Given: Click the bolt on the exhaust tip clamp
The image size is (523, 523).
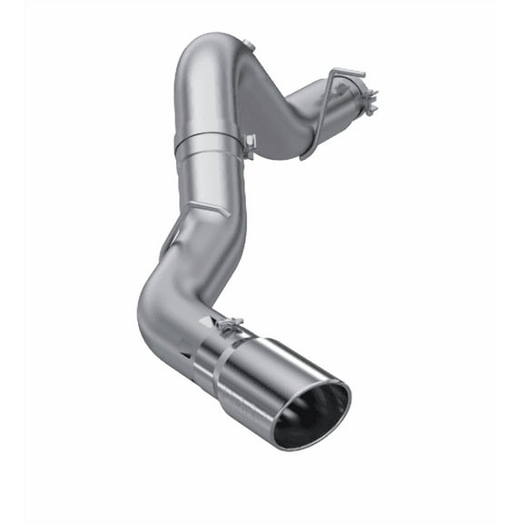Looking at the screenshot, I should [x=229, y=323].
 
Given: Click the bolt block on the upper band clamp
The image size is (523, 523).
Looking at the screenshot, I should [x=249, y=141].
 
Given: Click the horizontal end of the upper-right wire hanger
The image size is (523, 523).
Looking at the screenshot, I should [x=350, y=71].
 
